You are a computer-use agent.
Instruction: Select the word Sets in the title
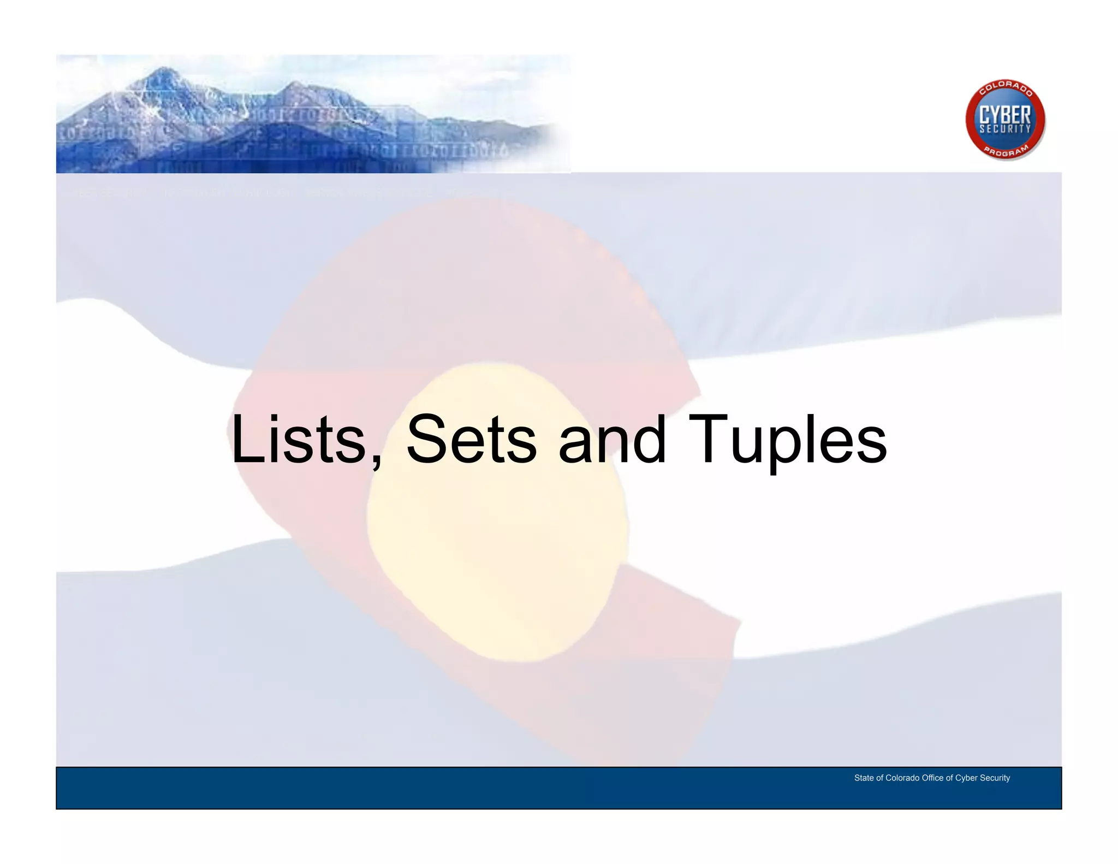472,439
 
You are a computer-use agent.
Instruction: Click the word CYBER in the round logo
1005,115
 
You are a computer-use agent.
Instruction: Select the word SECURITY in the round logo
1005,129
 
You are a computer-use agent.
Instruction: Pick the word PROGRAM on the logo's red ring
1006,151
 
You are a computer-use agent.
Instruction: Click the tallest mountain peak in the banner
164,70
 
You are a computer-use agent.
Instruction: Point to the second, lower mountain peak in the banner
294,85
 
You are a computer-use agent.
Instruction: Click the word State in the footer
864,778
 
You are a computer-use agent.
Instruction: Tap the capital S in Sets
426,439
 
